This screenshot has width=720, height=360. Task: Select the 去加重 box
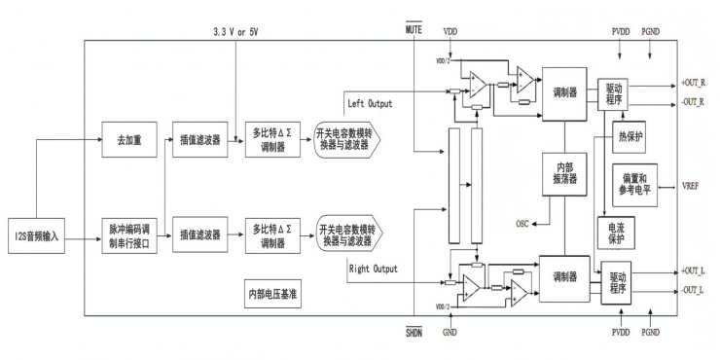[x=130, y=139]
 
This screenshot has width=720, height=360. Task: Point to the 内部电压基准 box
[x=274, y=292]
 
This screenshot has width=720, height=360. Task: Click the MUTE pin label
[x=413, y=30]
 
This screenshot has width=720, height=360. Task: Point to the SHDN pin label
[x=413, y=333]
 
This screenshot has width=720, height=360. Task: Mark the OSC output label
[x=522, y=224]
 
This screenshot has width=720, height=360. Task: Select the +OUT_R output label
[x=694, y=84]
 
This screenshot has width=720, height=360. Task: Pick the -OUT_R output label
[x=694, y=101]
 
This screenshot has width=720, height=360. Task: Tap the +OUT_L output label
[x=694, y=271]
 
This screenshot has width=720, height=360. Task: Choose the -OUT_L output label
[x=694, y=289]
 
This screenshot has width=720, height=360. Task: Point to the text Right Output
[x=373, y=268]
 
